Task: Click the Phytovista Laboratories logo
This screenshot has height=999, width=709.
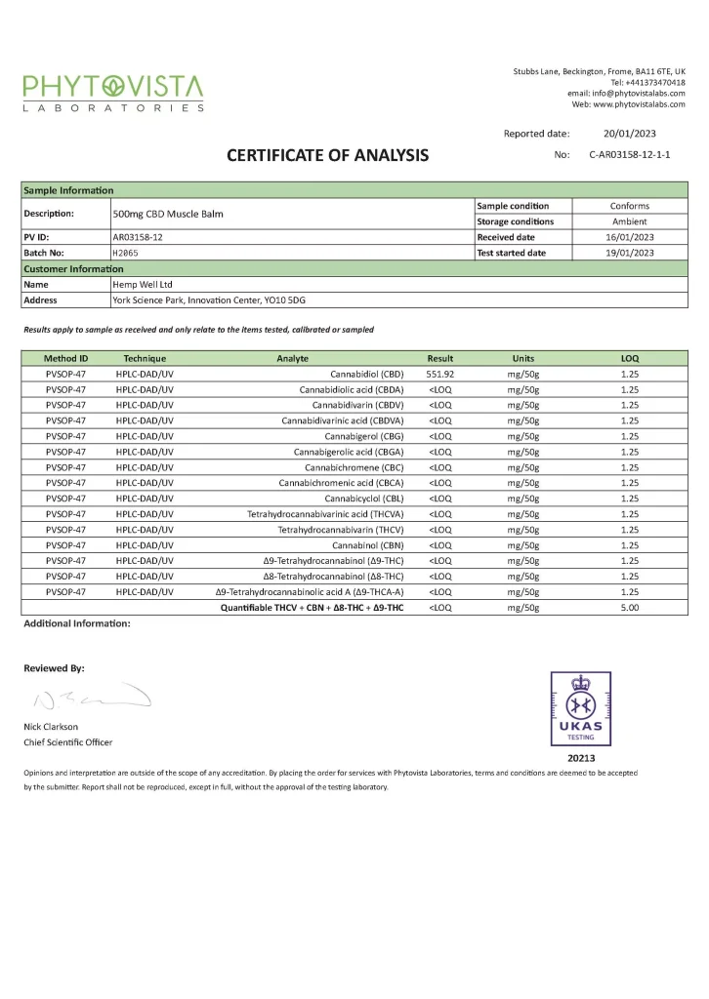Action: point(113,93)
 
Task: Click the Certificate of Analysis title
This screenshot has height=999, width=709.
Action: point(327,155)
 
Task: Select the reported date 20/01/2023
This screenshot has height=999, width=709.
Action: point(630,134)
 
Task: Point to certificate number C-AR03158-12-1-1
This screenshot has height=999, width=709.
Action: point(630,155)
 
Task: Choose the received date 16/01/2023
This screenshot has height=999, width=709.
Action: point(630,237)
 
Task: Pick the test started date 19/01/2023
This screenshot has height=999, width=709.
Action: point(630,253)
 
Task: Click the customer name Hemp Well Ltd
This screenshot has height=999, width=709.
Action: point(144,284)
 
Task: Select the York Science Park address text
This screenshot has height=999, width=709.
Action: point(215,300)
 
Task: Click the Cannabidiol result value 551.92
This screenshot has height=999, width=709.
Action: point(440,374)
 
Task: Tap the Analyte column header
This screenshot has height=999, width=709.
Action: point(293,358)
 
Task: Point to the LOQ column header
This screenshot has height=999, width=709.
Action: point(630,358)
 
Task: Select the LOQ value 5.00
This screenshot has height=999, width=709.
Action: point(630,608)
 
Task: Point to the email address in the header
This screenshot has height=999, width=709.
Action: point(626,93)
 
